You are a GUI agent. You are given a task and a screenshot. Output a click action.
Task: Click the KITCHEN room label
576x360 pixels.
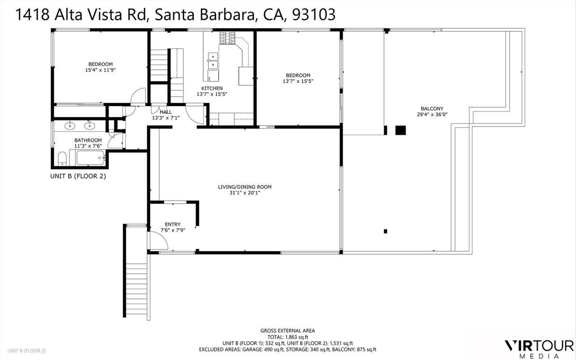pos(212,88)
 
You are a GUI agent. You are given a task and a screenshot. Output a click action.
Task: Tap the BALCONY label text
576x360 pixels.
pos(432,108)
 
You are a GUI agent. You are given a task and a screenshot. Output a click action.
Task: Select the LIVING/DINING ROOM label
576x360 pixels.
pos(245,187)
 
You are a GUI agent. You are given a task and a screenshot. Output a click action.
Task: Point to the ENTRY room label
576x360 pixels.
pos(172,224)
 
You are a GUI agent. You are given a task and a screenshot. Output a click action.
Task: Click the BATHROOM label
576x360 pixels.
pos(88,140)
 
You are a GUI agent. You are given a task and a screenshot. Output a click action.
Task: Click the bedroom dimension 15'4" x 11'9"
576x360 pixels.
pos(100,70)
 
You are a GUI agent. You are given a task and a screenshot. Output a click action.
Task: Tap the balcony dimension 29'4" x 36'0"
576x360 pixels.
pos(432,114)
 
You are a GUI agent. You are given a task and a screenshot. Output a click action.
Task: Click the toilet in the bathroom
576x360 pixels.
pos(62,158)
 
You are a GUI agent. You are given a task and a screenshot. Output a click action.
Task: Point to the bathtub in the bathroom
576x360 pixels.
pos(90,158)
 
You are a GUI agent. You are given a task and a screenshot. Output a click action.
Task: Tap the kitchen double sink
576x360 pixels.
pos(213,57)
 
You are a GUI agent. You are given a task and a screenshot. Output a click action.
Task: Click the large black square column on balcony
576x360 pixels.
pos(400,130)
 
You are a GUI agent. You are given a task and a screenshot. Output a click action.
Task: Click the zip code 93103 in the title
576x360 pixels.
pos(314,15)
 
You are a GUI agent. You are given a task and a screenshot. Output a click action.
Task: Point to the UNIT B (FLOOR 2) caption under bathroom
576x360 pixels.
pos(77,176)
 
